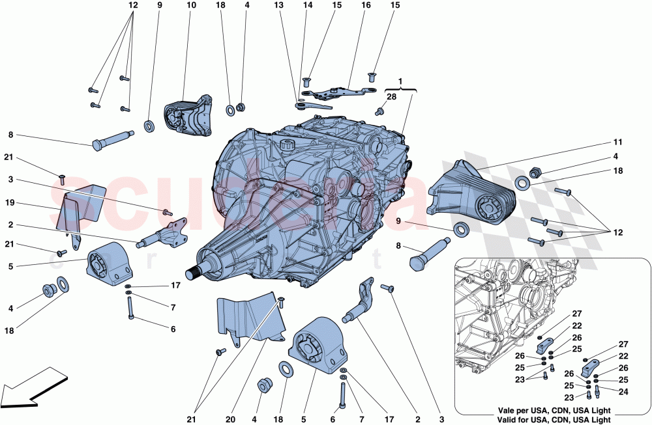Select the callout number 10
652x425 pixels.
tap(191, 6)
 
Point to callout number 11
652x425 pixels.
tap(617, 141)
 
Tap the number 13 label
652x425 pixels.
tap(278, 6)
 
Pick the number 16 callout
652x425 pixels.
tap(366, 6)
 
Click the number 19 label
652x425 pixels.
tap(10, 203)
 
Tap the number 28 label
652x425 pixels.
tap(391, 97)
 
